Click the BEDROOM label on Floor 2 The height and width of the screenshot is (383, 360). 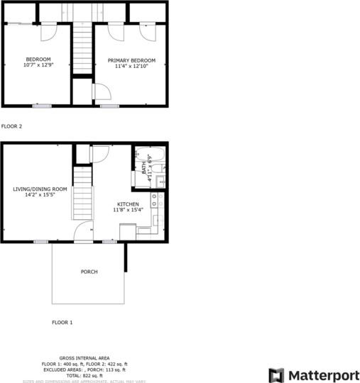[38, 59]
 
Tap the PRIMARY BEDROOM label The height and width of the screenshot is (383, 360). [131, 60]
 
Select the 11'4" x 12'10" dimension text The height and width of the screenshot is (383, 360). [131, 66]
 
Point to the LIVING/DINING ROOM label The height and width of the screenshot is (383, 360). [40, 189]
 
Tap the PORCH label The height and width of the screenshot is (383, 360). [89, 272]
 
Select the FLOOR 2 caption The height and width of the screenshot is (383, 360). [12, 126]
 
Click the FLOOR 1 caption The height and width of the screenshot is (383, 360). [62, 322]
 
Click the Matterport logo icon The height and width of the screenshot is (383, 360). [276, 374]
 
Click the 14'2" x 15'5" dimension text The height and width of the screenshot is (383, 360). [40, 195]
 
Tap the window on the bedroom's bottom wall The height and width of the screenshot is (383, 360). [41, 106]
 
